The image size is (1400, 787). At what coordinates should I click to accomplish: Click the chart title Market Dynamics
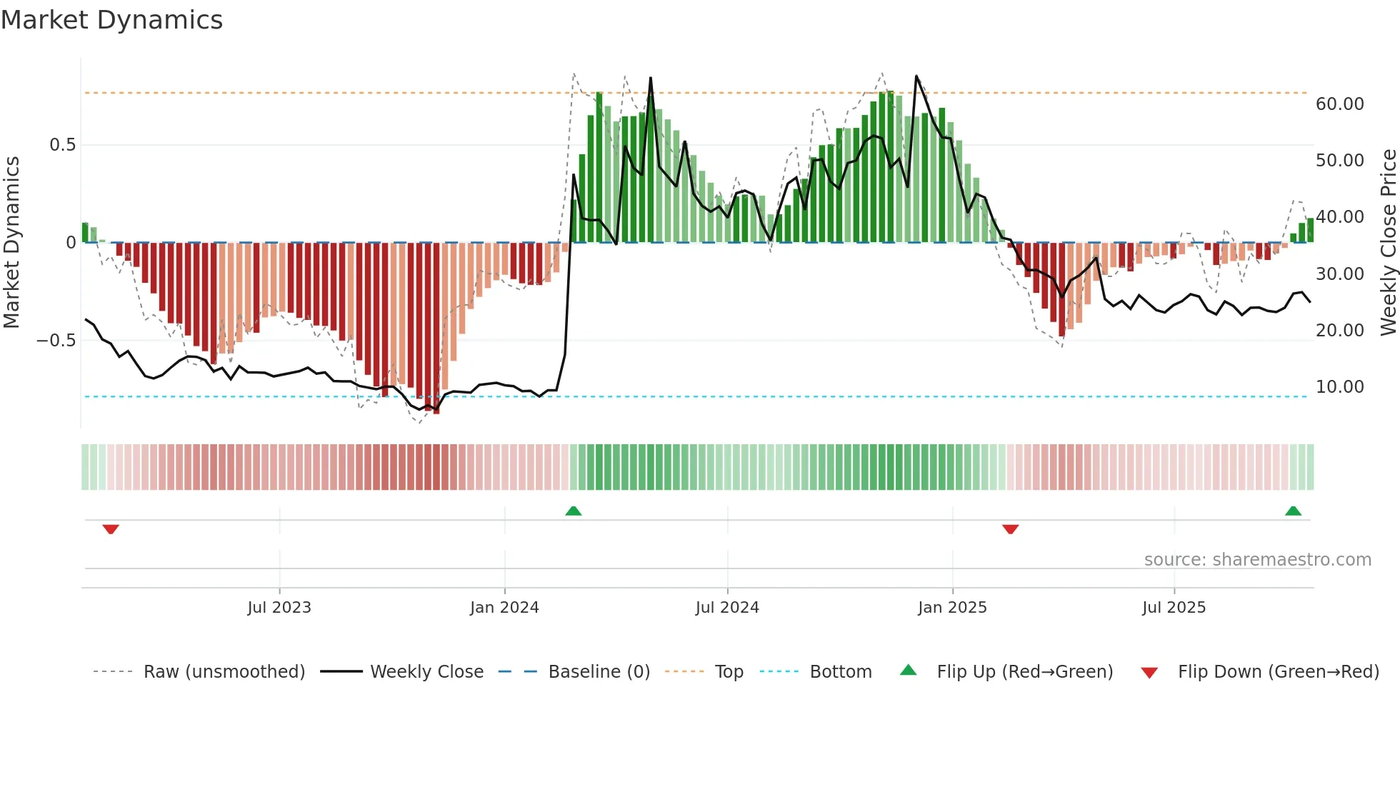pos(112,20)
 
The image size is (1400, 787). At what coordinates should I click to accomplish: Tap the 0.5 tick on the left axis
pos(62,145)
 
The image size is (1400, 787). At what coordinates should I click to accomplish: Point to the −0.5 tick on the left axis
pos(56,340)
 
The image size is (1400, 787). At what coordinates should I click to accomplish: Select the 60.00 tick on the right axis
pos(1339,104)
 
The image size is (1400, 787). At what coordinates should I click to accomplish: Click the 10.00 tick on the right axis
pos(1339,387)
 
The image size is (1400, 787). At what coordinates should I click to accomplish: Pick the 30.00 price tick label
pos(1339,274)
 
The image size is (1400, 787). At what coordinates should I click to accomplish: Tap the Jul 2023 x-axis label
pos(279,608)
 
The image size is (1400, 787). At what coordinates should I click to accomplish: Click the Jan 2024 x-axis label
pos(504,608)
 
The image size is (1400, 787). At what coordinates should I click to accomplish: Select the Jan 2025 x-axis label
pos(952,608)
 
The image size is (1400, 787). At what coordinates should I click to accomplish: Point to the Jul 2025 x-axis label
pos(1174,608)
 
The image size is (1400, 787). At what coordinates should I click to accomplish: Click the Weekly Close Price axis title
pos(1388,242)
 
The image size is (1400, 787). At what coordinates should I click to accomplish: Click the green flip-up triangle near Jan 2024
pos(573,511)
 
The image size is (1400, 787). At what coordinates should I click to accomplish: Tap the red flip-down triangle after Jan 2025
pos(1010,529)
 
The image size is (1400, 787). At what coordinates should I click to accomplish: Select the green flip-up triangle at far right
pos(1293,511)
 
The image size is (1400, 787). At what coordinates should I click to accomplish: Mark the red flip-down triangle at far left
pos(111,529)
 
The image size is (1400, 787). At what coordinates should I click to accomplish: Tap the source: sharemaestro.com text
pos(1257,560)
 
